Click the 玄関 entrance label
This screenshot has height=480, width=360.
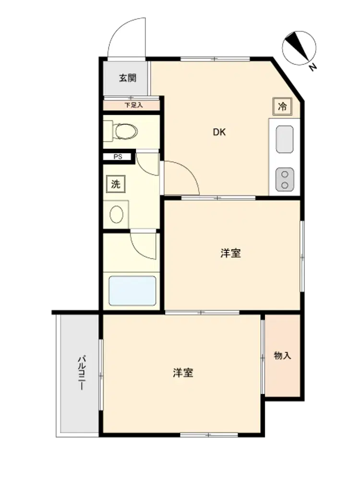click(x=128, y=78)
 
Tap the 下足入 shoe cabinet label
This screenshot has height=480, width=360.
click(x=133, y=105)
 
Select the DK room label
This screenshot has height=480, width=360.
click(x=219, y=132)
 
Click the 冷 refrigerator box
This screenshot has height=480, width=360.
click(x=282, y=107)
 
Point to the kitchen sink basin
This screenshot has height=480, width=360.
click(x=284, y=139)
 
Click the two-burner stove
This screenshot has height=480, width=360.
click(x=285, y=180)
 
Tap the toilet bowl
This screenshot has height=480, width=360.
click(x=125, y=132)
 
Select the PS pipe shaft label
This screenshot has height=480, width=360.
click(x=118, y=157)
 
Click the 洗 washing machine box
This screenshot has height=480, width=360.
click(x=116, y=184)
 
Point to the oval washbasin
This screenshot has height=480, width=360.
click(x=116, y=214)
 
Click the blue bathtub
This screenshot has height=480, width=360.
click(x=132, y=291)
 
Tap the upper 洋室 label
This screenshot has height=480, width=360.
click(x=230, y=253)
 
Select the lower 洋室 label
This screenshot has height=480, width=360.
click(x=183, y=373)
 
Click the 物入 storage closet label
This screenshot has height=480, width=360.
click(x=282, y=356)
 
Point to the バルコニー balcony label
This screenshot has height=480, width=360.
click(x=82, y=372)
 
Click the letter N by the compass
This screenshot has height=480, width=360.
click(x=312, y=67)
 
